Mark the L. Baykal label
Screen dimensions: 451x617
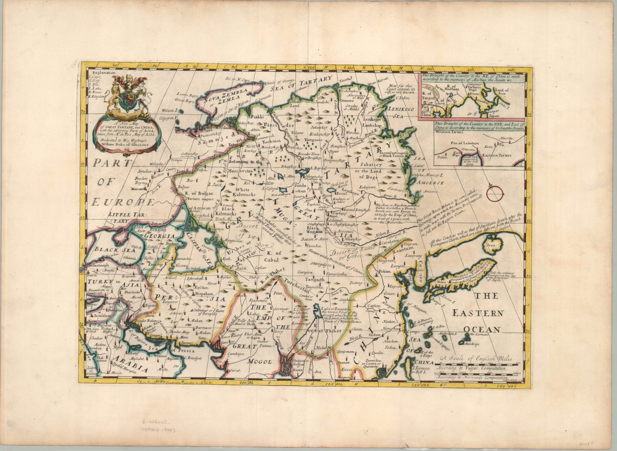[x=317, y=168]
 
